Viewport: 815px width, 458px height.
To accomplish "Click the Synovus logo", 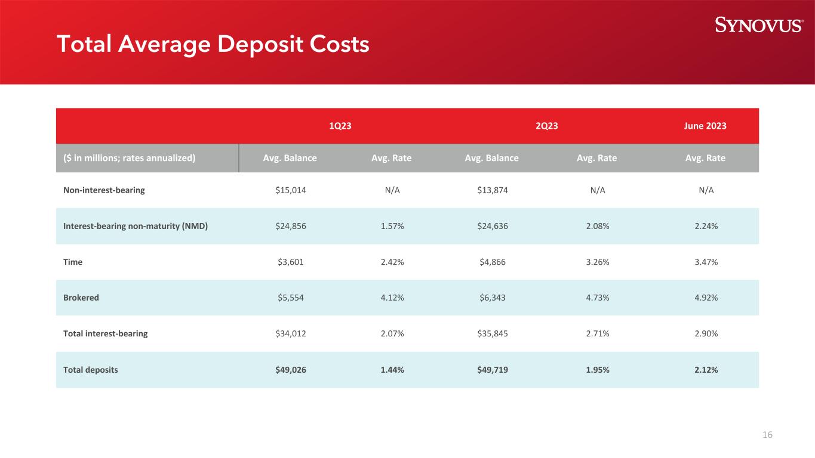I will (759, 24).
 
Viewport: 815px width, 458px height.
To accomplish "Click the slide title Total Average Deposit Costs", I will (213, 44).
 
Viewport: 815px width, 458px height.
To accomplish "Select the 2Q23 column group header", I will (542, 126).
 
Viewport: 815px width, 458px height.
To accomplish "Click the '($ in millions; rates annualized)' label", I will (130, 158).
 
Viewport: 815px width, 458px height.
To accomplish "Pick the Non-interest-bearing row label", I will (104, 190).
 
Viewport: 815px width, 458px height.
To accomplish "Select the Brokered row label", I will (81, 298).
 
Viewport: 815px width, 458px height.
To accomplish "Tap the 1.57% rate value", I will (392, 226).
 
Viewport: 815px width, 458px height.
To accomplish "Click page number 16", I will (767, 435).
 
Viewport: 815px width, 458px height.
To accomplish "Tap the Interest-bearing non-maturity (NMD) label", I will (136, 226).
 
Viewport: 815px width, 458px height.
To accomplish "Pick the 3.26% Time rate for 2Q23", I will (596, 262).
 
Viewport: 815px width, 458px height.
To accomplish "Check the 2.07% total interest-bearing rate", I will (392, 333).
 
